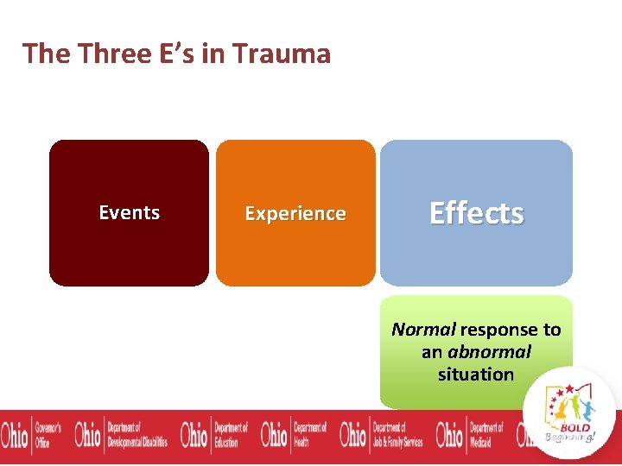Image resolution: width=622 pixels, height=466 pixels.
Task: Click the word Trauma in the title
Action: [286, 54]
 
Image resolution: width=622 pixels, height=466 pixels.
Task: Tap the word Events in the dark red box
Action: [129, 212]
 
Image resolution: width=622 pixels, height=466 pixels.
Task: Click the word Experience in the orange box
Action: [295, 213]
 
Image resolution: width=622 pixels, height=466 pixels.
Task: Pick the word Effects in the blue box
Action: [476, 212]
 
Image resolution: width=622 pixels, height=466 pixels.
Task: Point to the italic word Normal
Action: [423, 330]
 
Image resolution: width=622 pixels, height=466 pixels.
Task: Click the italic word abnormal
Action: [489, 352]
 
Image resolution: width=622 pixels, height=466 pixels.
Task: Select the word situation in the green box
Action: [475, 375]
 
